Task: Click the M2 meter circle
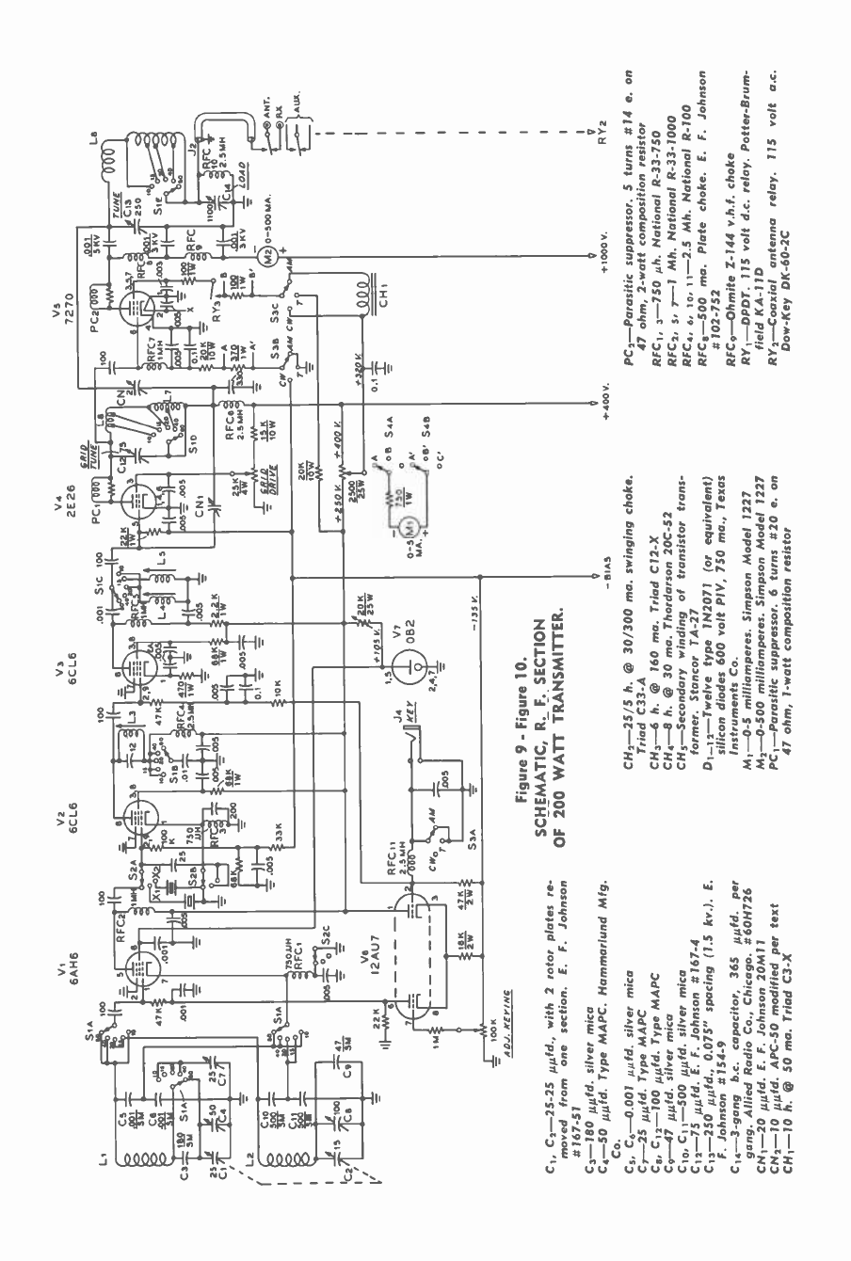[266, 255]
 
